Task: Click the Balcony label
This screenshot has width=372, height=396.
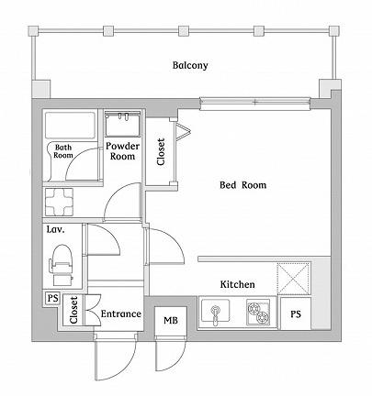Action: [190, 65]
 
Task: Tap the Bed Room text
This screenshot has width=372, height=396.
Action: [242, 185]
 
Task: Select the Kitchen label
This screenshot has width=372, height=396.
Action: [236, 285]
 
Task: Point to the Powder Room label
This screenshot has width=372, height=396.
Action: [122, 151]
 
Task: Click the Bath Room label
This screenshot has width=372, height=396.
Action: [63, 151]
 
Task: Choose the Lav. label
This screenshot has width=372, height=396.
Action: [55, 230]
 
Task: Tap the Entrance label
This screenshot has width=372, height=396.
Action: [120, 314]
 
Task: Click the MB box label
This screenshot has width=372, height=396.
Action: [171, 320]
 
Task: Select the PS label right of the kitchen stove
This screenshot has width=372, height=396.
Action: [296, 314]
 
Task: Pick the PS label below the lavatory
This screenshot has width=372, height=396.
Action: [51, 298]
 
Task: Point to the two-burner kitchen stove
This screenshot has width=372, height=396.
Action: [258, 313]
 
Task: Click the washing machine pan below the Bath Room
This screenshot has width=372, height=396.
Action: [62, 201]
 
